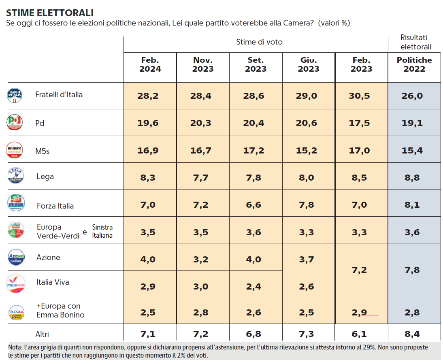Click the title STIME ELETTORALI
coord(50,13)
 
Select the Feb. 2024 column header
coord(150,64)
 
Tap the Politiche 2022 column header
coord(414,64)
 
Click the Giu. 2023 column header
coord(309,64)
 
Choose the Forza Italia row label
coord(55,206)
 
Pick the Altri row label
coord(43,334)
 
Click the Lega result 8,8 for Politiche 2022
coord(414,177)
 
